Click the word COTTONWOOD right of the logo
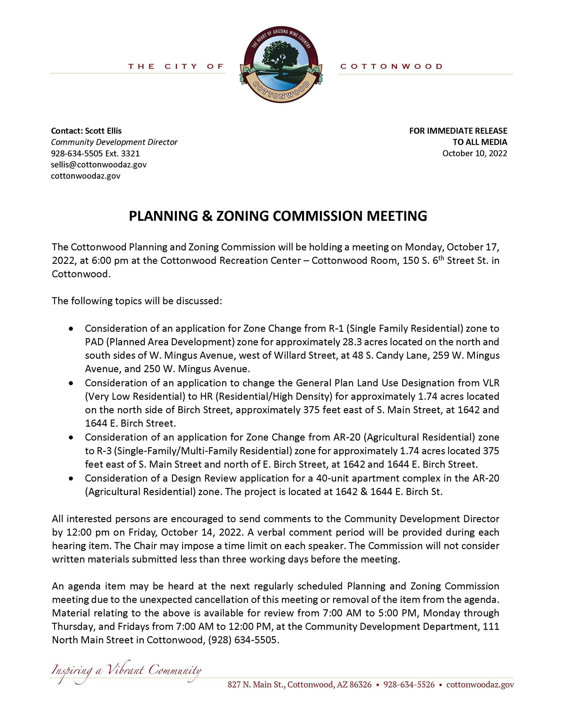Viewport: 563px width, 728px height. (x=391, y=67)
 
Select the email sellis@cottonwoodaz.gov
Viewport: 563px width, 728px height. (x=99, y=165)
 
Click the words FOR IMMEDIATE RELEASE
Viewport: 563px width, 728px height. (x=458, y=131)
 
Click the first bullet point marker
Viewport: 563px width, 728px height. (x=71, y=329)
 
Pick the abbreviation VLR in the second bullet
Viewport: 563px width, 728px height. (x=491, y=383)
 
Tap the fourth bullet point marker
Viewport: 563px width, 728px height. (x=71, y=478)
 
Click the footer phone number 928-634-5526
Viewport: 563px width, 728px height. (x=409, y=685)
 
